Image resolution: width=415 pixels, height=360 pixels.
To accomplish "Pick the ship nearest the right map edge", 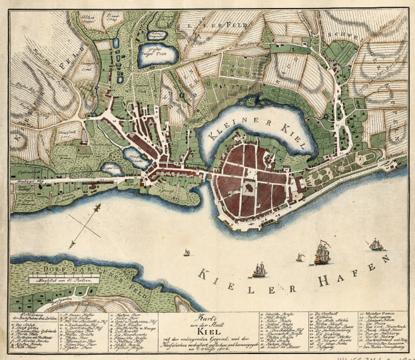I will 376,245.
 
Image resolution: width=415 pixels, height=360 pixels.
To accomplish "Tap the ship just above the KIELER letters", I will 258,270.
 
